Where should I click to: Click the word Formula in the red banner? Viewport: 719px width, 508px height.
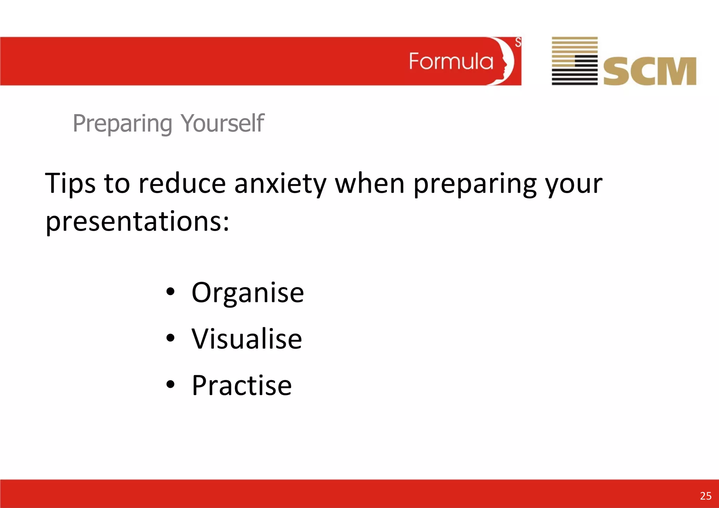pyautogui.click(x=451, y=62)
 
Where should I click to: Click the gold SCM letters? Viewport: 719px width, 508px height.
pyautogui.click(x=649, y=72)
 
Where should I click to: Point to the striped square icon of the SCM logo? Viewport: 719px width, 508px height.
pyautogui.click(x=574, y=61)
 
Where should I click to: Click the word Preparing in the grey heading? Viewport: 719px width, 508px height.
pyautogui.click(x=122, y=124)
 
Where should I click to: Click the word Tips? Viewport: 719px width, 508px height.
pyautogui.click(x=70, y=184)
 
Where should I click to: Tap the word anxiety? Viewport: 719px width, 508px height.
pyautogui.click(x=280, y=184)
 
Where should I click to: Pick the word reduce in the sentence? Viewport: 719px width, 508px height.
pyautogui.click(x=182, y=184)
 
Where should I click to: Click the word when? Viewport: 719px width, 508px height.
pyautogui.click(x=370, y=184)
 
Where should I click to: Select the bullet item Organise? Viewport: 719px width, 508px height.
pyautogui.click(x=248, y=292)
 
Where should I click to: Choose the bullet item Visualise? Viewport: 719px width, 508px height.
pyautogui.click(x=246, y=339)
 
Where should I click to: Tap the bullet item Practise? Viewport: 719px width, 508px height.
pyautogui.click(x=242, y=385)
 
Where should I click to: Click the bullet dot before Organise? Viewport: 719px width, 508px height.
pyautogui.click(x=170, y=291)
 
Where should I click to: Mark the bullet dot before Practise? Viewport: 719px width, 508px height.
pyautogui.click(x=170, y=384)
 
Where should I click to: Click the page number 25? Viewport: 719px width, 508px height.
pyautogui.click(x=706, y=496)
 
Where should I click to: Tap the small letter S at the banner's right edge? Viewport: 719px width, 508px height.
pyautogui.click(x=518, y=42)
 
